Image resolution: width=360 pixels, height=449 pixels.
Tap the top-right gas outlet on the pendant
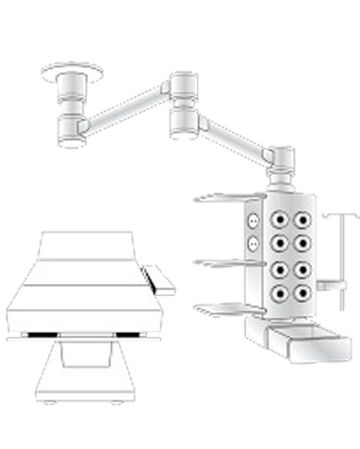pos(301,219)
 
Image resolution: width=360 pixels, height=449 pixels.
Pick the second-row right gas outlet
pos(301,242)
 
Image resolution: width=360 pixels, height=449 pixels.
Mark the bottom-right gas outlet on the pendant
pos(301,292)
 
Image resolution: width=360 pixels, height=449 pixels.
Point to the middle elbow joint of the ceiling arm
pos(181,102)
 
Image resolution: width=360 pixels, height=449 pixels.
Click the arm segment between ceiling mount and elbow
pos(127,108)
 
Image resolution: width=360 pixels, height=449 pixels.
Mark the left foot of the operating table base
pos(49,402)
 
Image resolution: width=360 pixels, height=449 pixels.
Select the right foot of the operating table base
pos(116,402)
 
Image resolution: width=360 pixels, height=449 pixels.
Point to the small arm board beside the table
pos(161,280)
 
